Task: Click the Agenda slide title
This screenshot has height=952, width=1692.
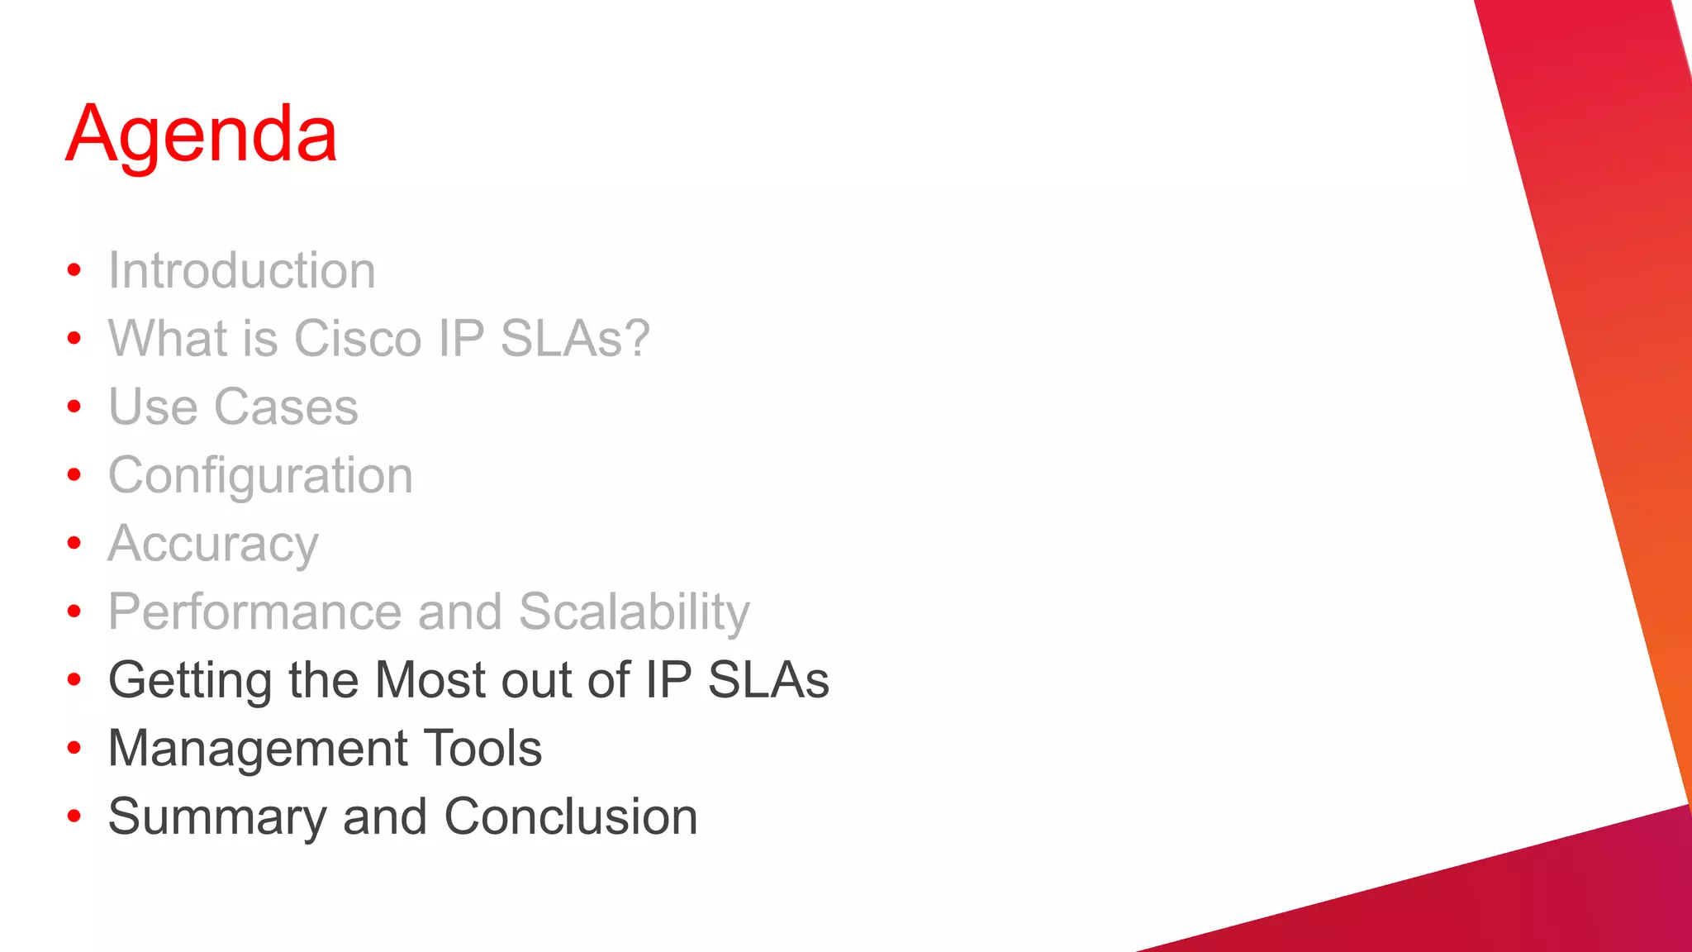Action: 202,134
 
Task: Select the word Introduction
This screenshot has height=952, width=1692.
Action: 242,271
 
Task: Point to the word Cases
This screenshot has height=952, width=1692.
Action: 286,407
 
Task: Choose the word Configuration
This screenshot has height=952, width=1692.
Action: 260,476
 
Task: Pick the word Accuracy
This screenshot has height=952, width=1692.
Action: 213,545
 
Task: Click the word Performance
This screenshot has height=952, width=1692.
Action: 254,612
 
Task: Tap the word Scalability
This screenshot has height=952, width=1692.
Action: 634,612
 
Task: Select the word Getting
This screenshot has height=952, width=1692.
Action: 190,681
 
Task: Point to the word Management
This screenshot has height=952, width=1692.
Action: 259,750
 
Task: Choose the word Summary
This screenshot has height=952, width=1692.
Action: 217,818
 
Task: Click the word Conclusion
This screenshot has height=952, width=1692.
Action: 571,817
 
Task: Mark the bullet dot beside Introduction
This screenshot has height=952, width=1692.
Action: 74,270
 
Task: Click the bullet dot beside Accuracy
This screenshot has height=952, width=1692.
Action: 74,543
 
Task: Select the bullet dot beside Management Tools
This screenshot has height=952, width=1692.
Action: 74,748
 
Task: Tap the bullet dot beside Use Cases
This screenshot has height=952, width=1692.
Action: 74,407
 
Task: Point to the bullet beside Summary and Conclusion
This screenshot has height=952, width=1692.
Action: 74,816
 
